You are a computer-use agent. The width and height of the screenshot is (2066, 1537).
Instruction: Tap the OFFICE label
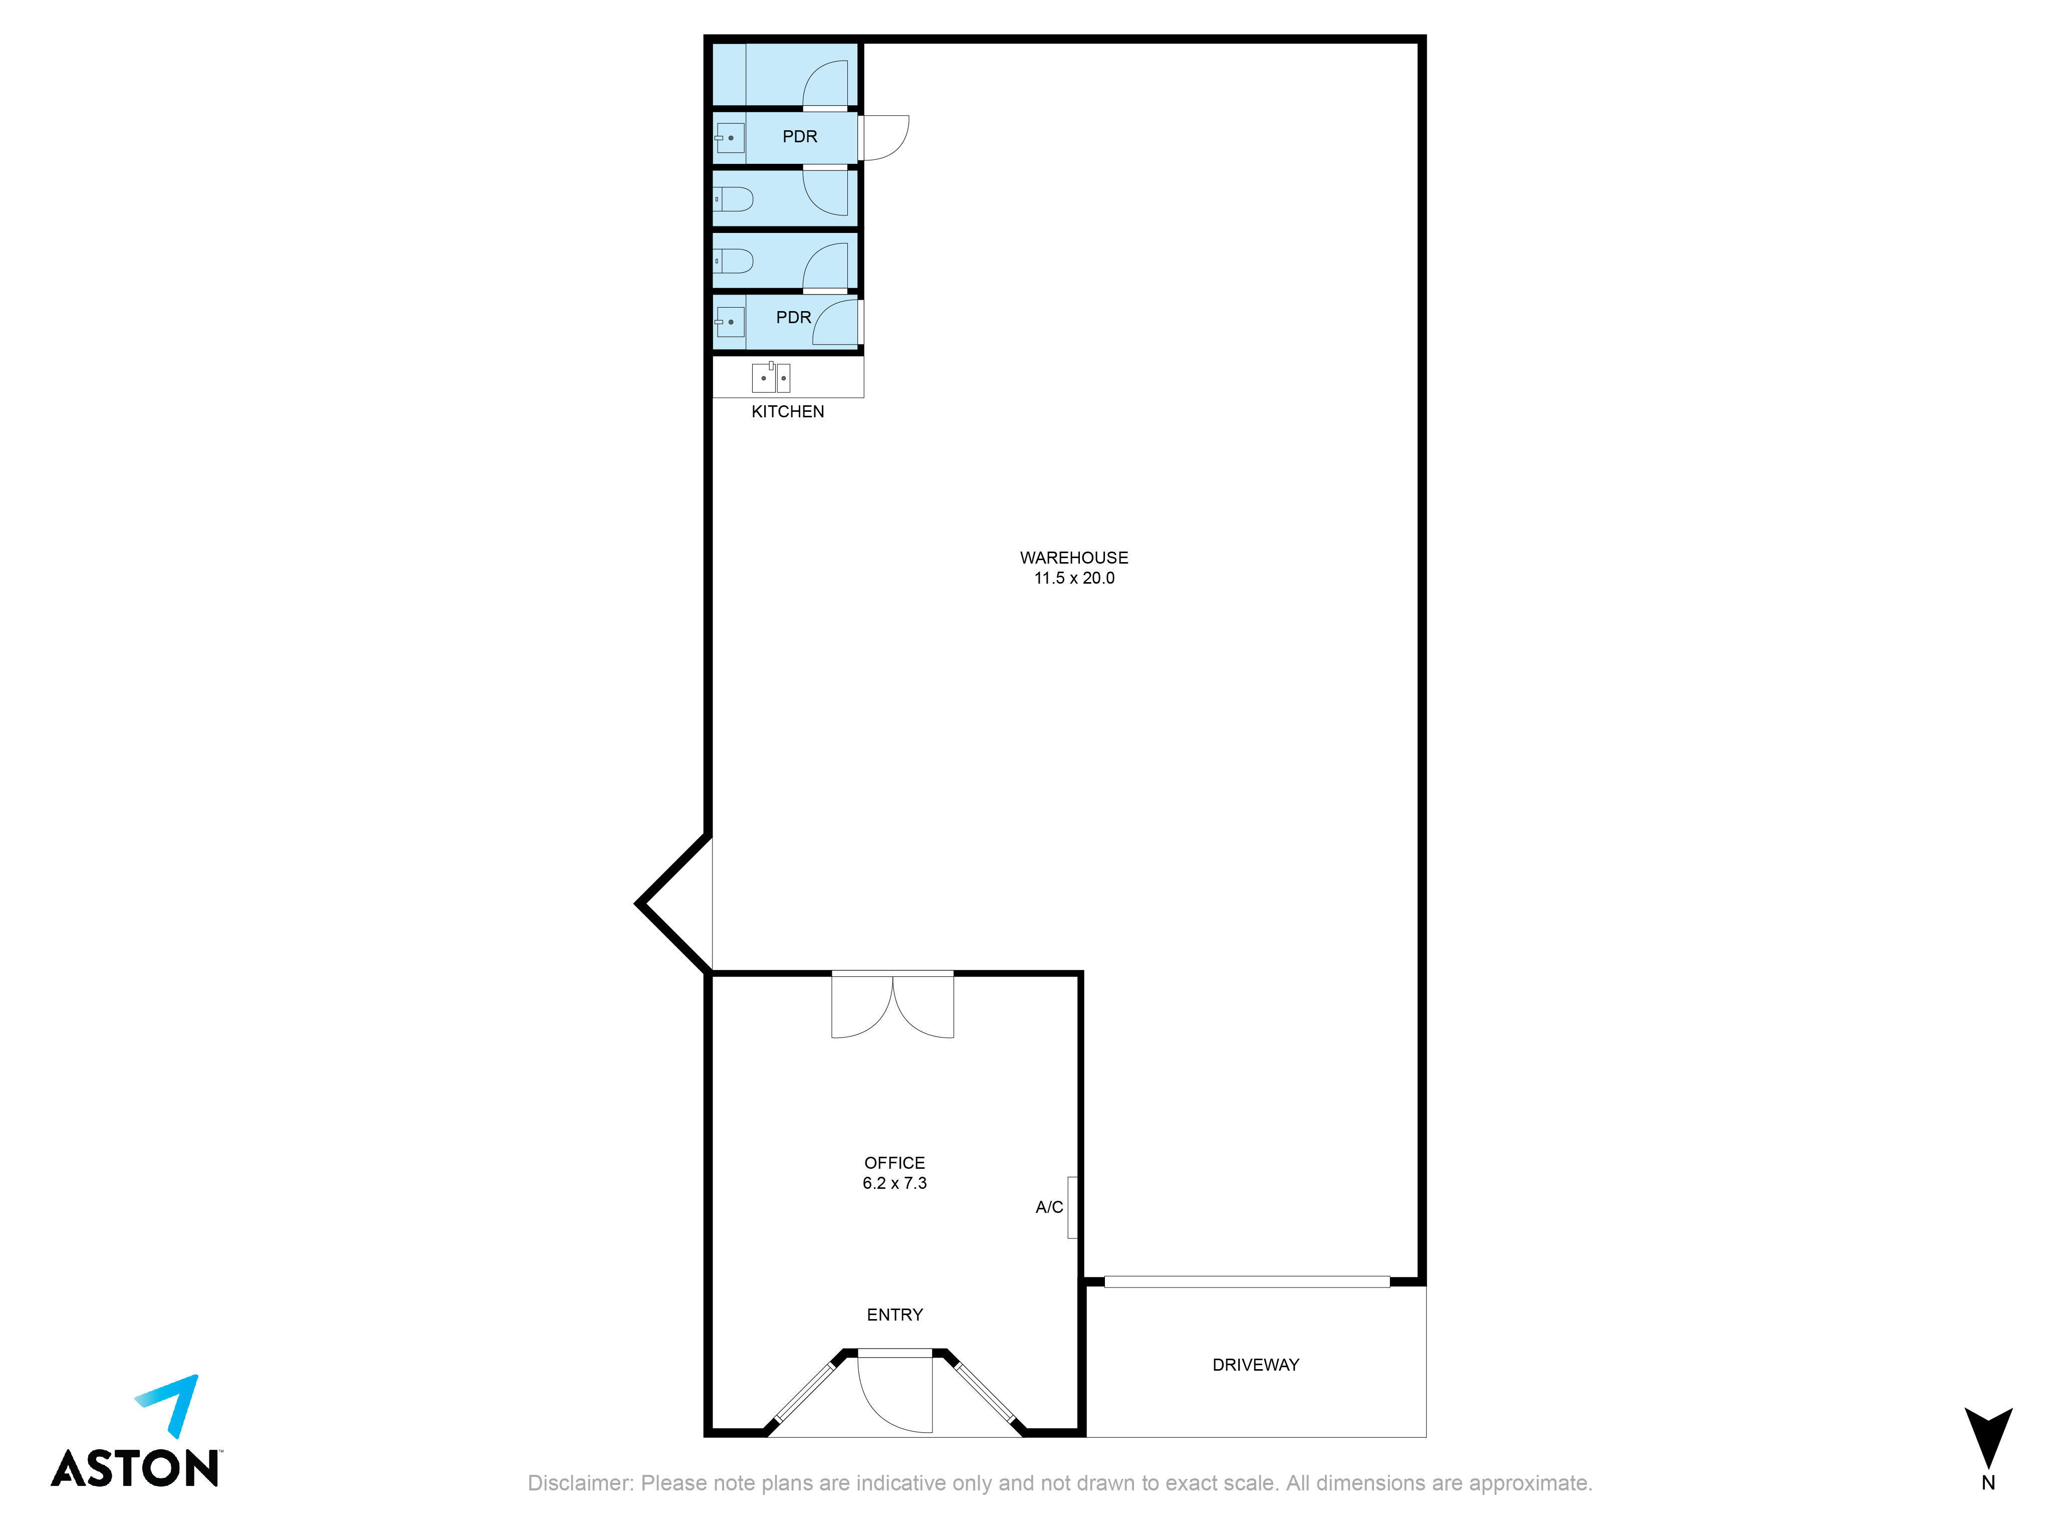[894, 1163]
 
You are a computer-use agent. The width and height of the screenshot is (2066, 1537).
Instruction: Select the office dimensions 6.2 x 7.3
[894, 1183]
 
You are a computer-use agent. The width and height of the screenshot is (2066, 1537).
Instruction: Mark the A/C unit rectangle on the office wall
[1072, 1208]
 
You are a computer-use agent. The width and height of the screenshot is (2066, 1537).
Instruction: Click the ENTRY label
[894, 1315]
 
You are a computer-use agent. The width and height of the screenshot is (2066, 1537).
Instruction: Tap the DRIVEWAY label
[1255, 1365]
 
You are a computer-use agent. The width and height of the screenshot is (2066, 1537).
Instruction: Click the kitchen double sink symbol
[771, 377]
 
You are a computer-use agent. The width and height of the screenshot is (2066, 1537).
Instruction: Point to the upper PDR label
[799, 137]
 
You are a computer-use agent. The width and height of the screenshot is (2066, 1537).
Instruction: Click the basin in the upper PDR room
[730, 138]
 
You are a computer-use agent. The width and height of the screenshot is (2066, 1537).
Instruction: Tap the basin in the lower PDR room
[730, 322]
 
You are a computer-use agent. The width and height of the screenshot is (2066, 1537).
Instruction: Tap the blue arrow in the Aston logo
[173, 1403]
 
